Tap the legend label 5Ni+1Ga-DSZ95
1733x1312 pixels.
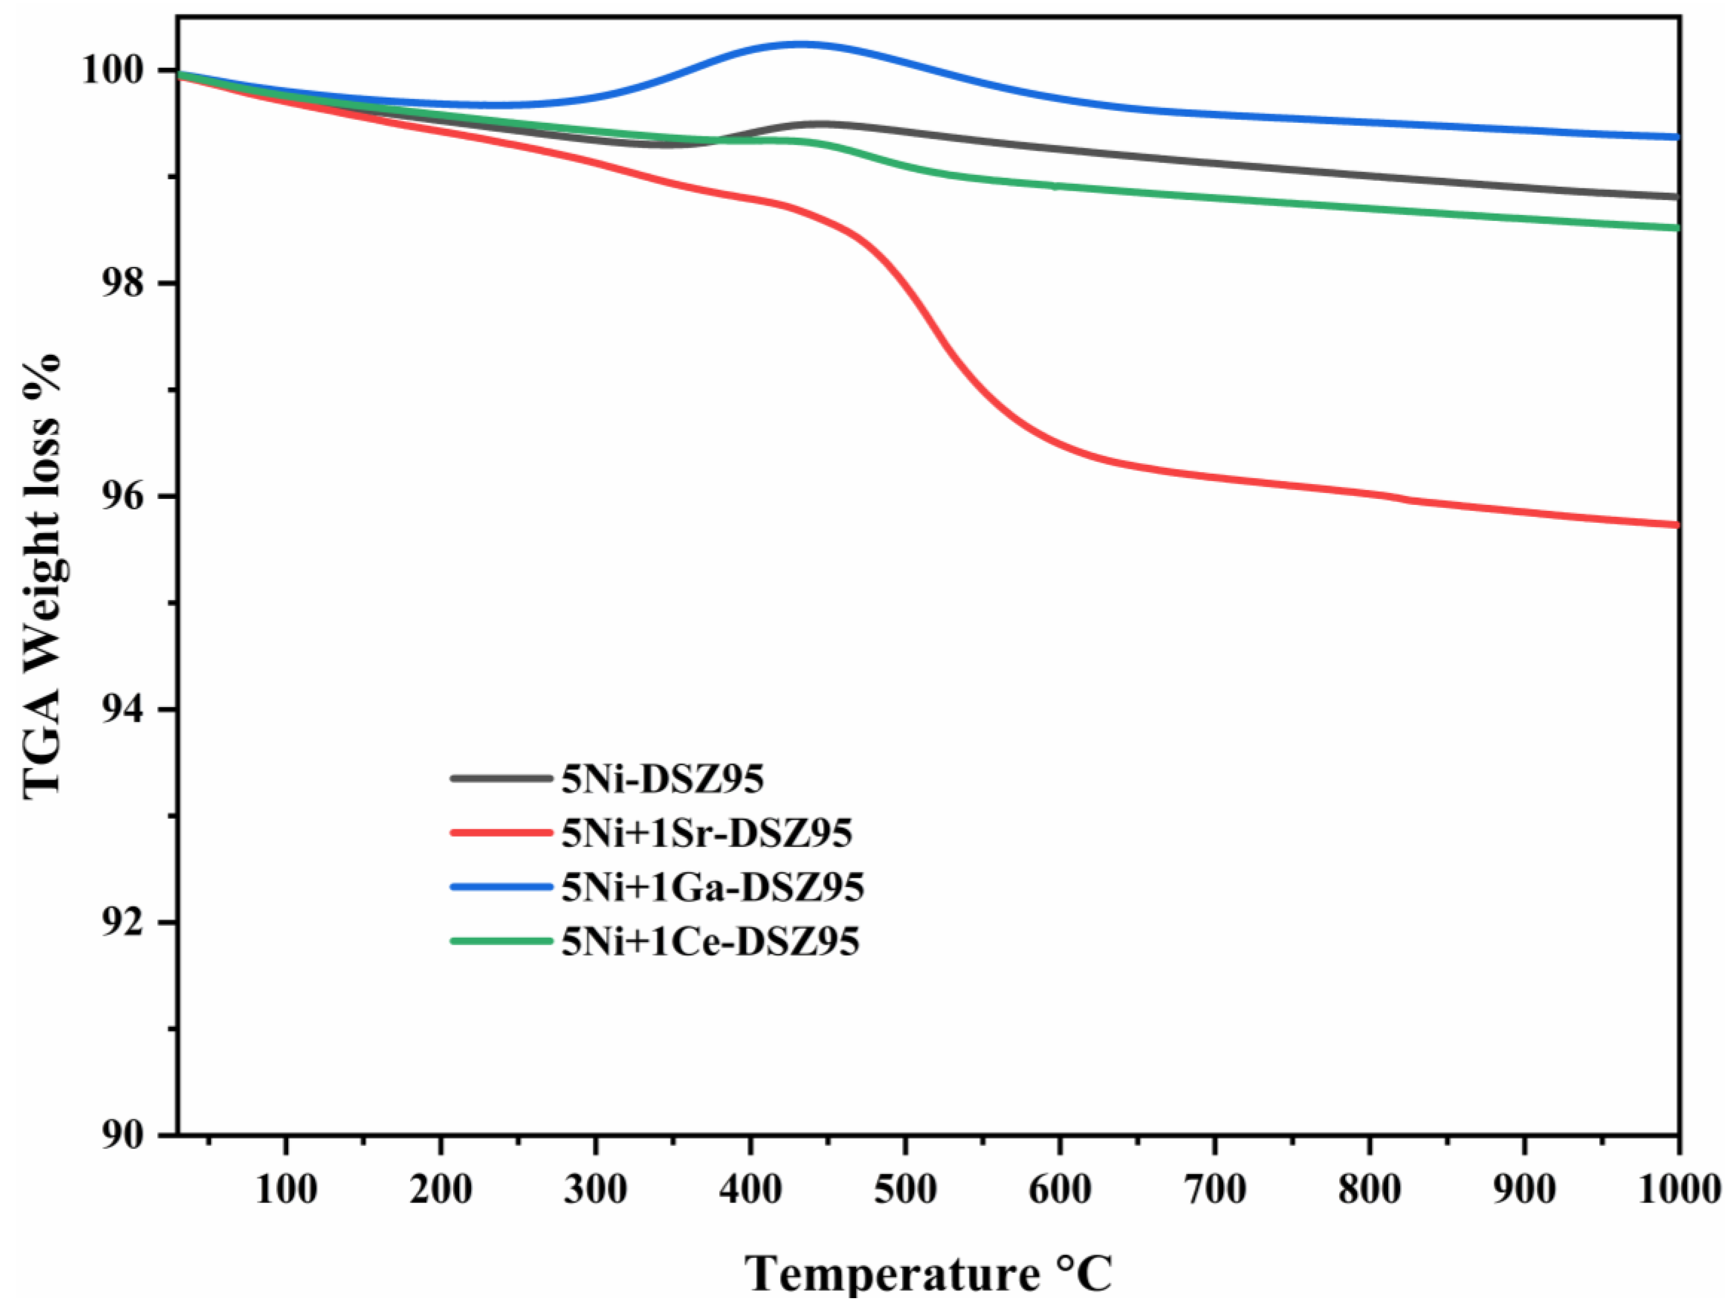(x=712, y=887)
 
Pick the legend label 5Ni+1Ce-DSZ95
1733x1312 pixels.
(x=710, y=941)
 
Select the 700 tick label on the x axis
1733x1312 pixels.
(x=1214, y=1190)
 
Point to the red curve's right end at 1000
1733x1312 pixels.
(x=1676, y=525)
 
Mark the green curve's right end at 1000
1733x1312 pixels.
(x=1676, y=227)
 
